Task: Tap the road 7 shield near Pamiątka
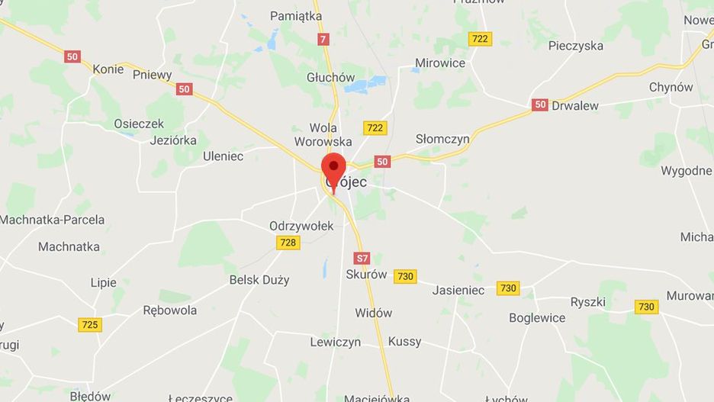pyautogui.click(x=324, y=39)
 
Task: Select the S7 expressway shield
pyautogui.click(x=362, y=258)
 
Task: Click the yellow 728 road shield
pyautogui.click(x=288, y=242)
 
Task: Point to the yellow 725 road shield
pyautogui.click(x=90, y=325)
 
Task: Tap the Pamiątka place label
pyautogui.click(x=297, y=16)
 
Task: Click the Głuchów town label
pyautogui.click(x=331, y=77)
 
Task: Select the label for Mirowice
pyautogui.click(x=439, y=63)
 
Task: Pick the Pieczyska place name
pyautogui.click(x=575, y=46)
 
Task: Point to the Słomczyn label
pyautogui.click(x=442, y=139)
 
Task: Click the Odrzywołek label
pyautogui.click(x=301, y=226)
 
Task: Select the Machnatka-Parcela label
pyautogui.click(x=52, y=220)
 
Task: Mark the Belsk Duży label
pyautogui.click(x=259, y=280)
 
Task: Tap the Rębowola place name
pyautogui.click(x=170, y=310)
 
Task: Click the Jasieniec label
pyautogui.click(x=458, y=290)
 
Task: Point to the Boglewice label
pyautogui.click(x=537, y=317)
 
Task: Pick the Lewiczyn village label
pyautogui.click(x=335, y=343)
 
